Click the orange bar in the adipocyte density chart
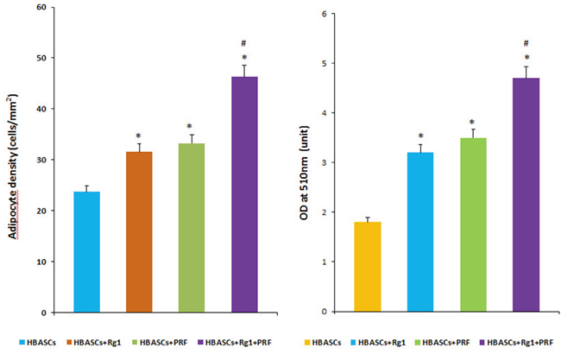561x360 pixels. point(139,232)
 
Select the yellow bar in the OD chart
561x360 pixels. point(368,267)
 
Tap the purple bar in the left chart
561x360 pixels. point(245,194)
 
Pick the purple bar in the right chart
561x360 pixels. point(526,194)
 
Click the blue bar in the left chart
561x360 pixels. point(86,252)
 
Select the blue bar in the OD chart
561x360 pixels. point(420,232)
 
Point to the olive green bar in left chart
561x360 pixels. point(192,228)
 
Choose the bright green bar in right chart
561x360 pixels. point(473,224)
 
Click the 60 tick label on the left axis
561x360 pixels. point(41,7)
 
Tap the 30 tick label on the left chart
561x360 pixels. point(41,160)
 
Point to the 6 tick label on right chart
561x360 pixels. point(324,14)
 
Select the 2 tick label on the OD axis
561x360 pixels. point(324,212)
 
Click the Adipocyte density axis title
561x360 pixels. point(13,167)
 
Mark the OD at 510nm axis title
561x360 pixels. point(304,173)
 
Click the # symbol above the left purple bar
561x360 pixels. point(243,44)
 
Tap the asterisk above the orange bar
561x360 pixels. point(138,136)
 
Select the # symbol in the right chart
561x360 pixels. point(526,44)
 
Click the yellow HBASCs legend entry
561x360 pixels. point(323,343)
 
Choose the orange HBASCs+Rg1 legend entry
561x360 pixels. point(94,343)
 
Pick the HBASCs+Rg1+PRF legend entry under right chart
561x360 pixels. point(516,343)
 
